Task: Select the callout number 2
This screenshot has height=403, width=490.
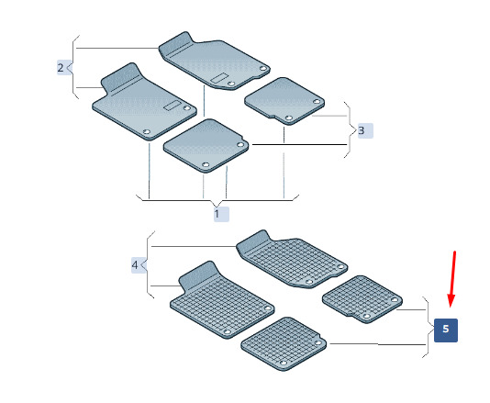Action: point(61,68)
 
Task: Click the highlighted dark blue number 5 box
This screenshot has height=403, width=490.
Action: point(446,330)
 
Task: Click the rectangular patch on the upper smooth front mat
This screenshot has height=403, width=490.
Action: point(218,78)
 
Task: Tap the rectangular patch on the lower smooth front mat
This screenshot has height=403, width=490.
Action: point(173,106)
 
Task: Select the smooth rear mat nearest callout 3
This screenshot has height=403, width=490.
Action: point(284,101)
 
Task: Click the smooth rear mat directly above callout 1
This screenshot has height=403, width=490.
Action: point(206,145)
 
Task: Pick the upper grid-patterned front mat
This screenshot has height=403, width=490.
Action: point(292,259)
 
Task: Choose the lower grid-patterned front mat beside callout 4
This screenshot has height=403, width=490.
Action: point(222,300)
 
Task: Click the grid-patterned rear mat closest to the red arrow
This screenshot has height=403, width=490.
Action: point(362,299)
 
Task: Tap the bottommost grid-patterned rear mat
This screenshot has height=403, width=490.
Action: point(284,344)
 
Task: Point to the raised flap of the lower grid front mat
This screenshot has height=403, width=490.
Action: point(198,275)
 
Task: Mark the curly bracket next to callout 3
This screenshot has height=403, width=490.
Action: point(350,130)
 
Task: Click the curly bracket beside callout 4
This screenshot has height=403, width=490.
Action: point(147,264)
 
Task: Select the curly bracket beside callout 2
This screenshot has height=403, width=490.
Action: point(72,67)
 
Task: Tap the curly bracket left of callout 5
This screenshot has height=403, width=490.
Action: point(428,327)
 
